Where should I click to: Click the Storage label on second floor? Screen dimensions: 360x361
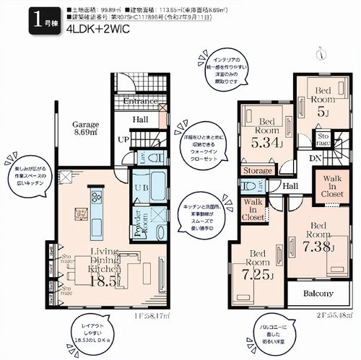pos(258,171)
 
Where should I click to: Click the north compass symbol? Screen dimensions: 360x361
pos(319,49)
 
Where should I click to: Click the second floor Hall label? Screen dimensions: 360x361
pos(291,186)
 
